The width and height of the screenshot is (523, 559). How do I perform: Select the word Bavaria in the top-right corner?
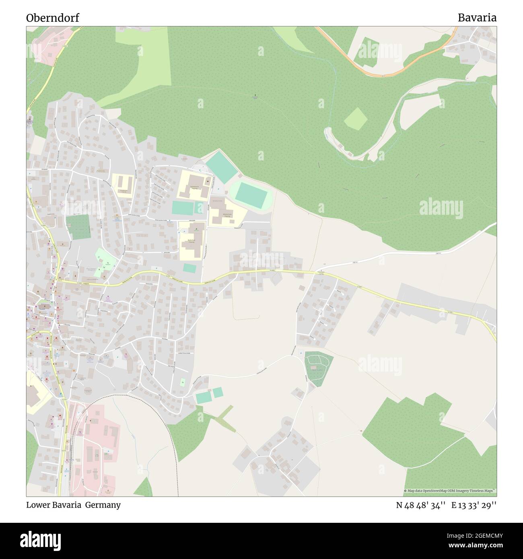point(476,18)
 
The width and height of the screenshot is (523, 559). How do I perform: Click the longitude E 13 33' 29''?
point(474,505)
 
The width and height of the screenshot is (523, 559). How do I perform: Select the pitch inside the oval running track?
point(251,195)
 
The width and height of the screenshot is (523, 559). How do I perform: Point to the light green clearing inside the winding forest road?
point(356,119)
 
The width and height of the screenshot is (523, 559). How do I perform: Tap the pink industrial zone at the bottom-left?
point(97,446)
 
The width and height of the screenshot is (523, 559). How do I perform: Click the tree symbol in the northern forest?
point(255,96)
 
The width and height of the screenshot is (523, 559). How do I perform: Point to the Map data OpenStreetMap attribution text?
point(449,491)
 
